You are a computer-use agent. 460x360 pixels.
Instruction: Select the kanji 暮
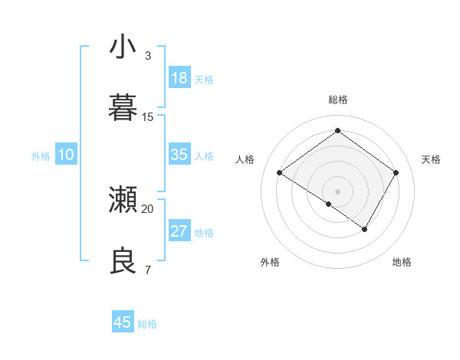[123, 106]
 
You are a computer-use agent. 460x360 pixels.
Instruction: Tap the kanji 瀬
[123, 200]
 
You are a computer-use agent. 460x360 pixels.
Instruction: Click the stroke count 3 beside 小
[148, 56]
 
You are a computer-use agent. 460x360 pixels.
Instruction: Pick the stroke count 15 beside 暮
[148, 117]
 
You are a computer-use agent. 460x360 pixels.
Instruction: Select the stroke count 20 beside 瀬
[148, 208]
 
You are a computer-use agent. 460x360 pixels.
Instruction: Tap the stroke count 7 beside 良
[148, 270]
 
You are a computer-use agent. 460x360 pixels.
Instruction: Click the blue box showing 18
[179, 78]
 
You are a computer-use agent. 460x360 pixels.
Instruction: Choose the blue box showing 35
[179, 155]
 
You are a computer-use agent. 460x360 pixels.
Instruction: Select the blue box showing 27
[179, 231]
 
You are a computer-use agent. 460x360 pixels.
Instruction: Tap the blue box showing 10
[66, 155]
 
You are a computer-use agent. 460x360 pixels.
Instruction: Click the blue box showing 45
[123, 322]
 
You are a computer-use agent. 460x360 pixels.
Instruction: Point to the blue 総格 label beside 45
[147, 324]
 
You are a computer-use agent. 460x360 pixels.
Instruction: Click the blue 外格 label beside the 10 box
[41, 156]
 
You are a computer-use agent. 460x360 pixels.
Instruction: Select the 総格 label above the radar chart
[337, 100]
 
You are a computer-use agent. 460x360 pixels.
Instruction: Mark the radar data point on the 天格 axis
[396, 173]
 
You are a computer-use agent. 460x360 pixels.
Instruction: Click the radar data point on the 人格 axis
[280, 173]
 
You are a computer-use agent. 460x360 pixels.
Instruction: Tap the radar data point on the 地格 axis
[364, 229]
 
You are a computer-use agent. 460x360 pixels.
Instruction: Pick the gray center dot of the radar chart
[337, 191]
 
